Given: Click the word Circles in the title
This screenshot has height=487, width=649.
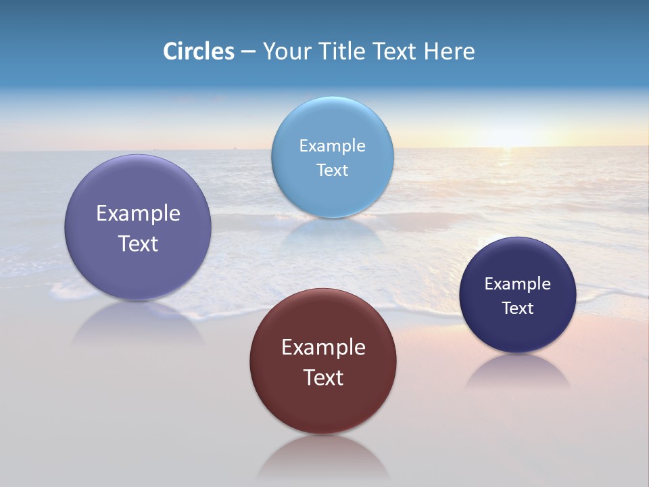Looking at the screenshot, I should click(x=198, y=51).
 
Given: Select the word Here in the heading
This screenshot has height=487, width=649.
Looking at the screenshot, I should click(x=449, y=51).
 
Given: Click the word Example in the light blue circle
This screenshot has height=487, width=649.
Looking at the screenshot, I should click(x=333, y=145).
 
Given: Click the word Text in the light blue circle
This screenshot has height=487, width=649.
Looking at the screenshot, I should click(x=333, y=170).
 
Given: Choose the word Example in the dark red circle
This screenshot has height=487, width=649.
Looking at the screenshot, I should click(x=323, y=347).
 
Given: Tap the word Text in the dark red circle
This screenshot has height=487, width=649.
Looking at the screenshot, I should click(x=323, y=377).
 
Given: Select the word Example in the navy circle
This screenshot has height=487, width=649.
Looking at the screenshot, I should click(x=518, y=283).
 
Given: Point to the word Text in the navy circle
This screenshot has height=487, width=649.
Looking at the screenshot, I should click(x=518, y=308).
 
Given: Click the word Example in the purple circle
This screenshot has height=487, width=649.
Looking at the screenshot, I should click(x=138, y=213).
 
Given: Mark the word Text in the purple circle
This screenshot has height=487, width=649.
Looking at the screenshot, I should click(x=138, y=243).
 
